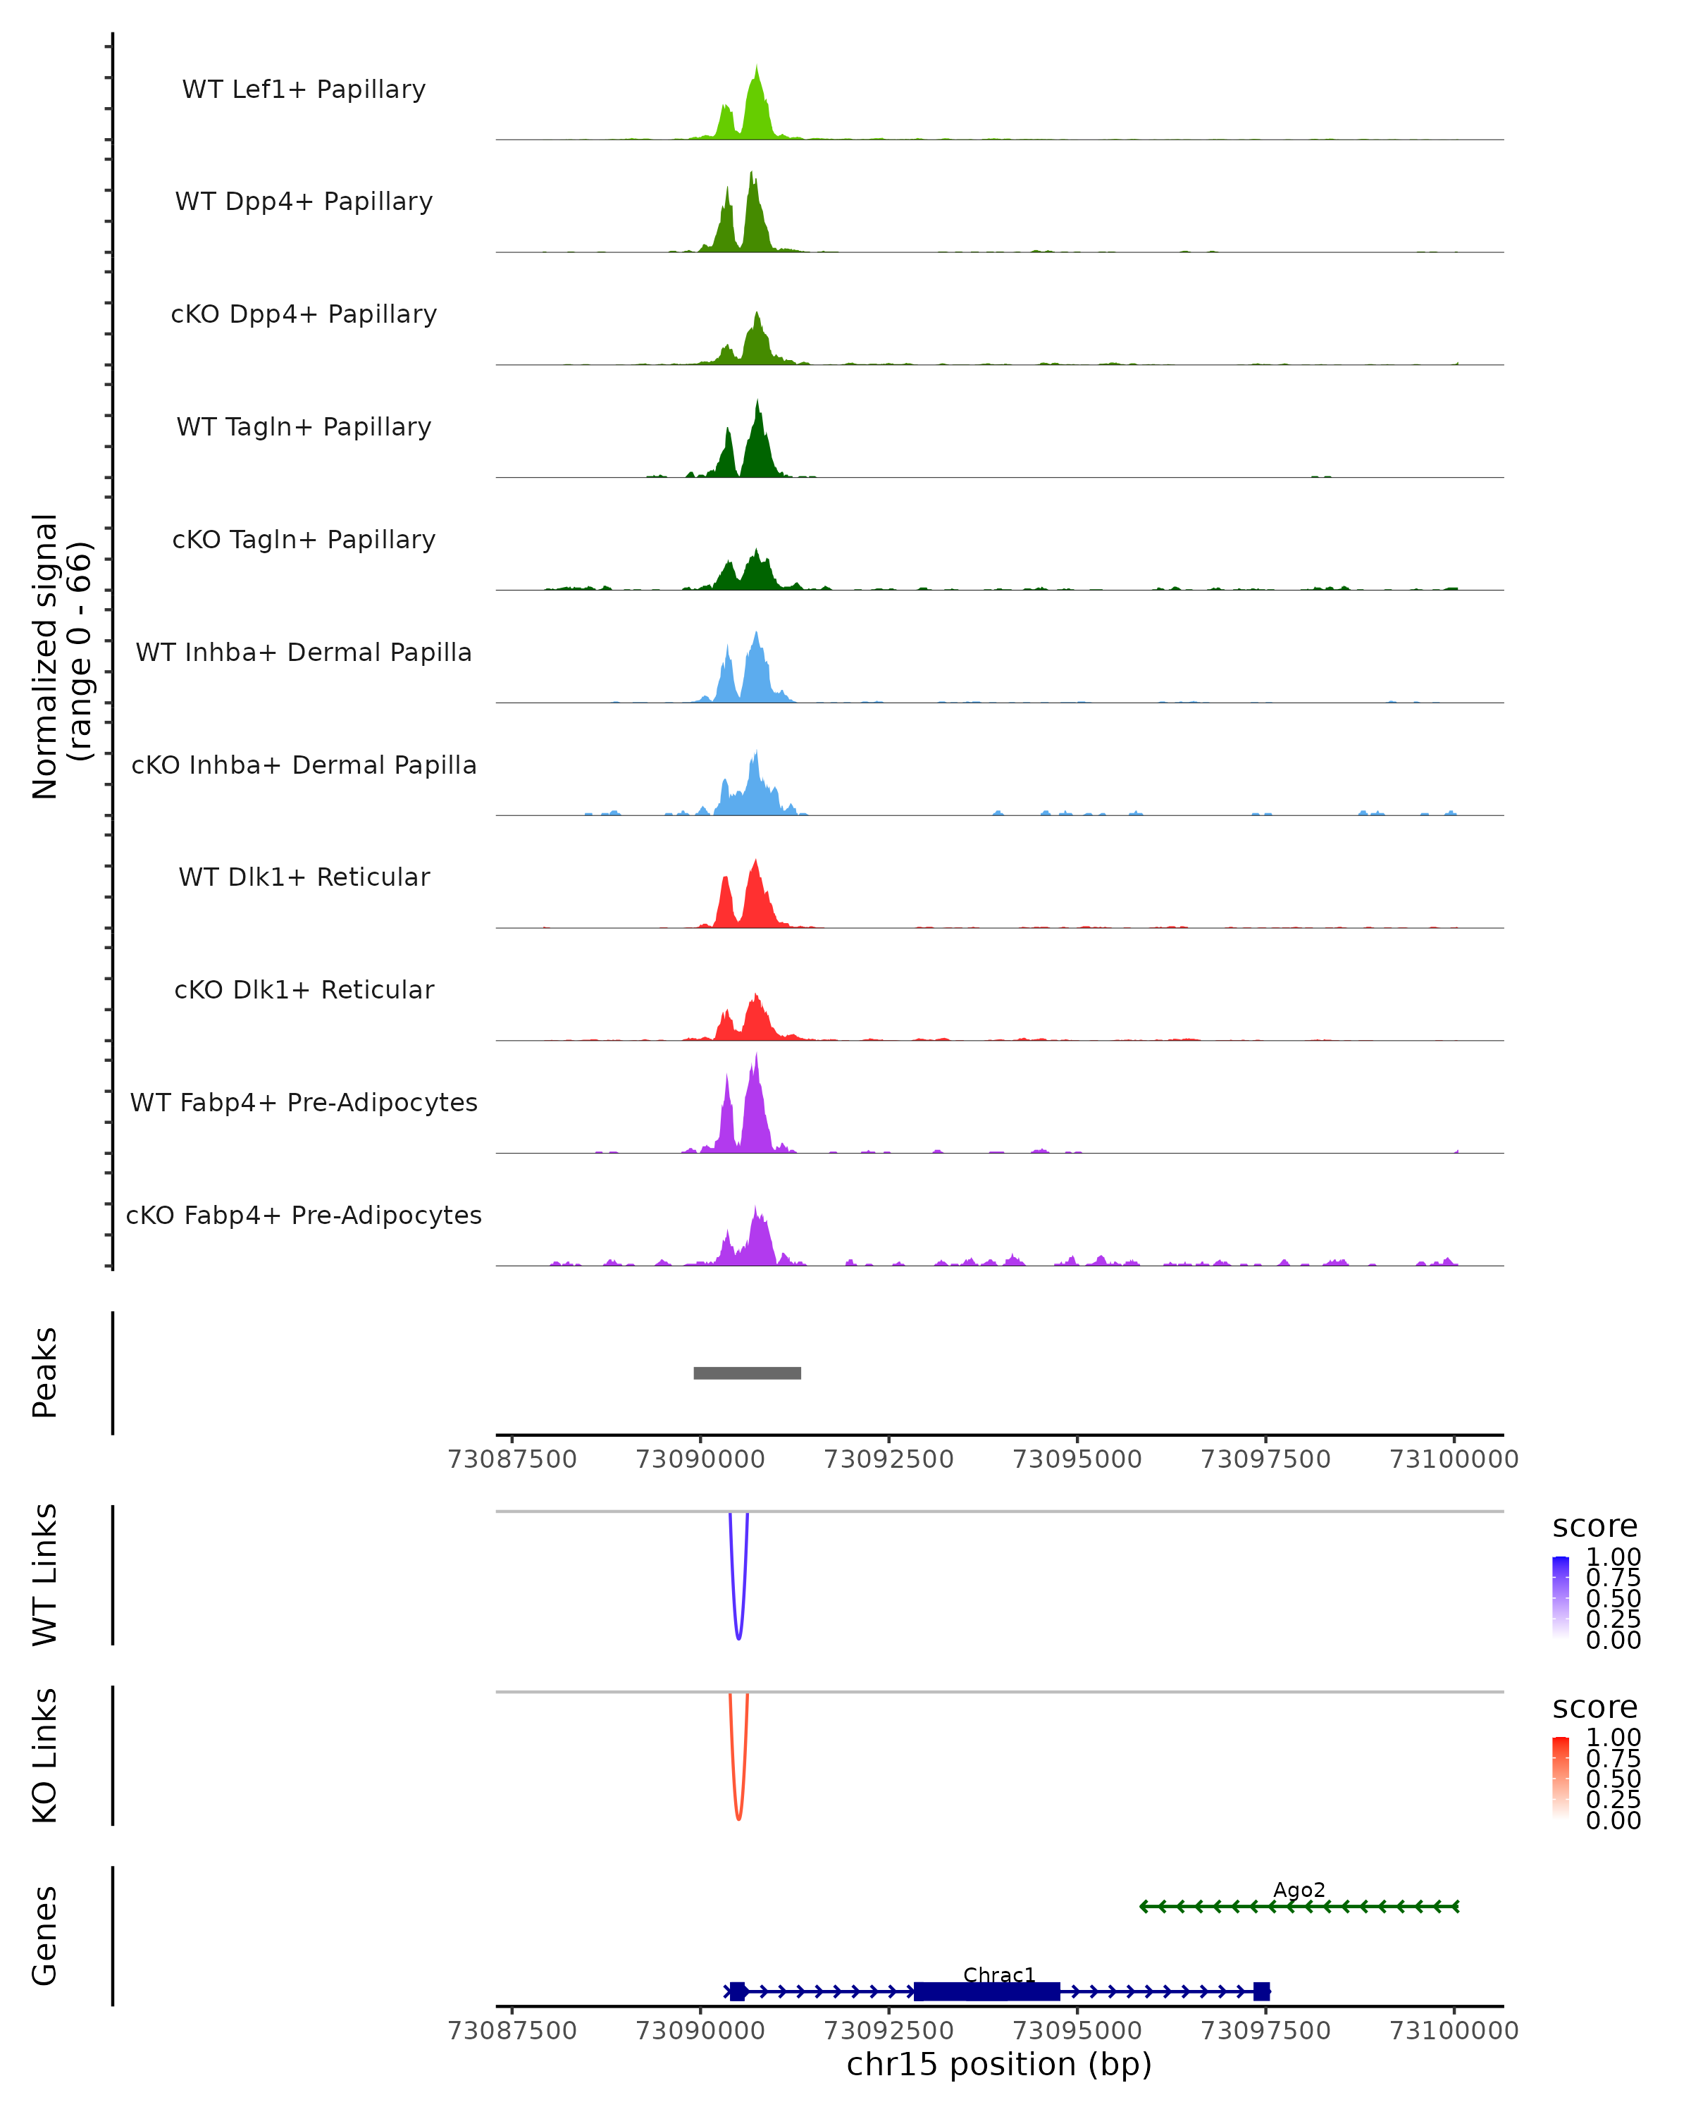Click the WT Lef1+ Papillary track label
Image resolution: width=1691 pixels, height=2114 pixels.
304,89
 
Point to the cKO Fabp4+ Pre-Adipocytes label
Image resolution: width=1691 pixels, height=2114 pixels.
304,1215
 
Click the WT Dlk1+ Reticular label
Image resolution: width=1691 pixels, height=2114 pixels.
304,877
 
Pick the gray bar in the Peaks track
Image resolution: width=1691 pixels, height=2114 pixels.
747,1373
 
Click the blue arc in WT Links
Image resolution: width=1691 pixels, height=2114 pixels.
738,1635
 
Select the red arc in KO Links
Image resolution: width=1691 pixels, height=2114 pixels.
738,1815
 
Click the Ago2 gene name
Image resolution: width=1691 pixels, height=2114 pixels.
1299,1889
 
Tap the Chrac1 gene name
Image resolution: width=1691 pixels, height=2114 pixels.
999,1974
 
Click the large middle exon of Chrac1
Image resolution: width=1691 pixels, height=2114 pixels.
987,1991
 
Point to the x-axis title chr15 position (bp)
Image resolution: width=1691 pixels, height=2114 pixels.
999,2064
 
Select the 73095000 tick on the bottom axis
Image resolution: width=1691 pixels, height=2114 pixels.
1077,2029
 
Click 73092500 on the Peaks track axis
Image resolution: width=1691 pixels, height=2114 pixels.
888,1459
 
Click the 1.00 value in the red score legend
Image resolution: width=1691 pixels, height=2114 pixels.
1613,1738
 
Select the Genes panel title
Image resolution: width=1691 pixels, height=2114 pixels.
45,1936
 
